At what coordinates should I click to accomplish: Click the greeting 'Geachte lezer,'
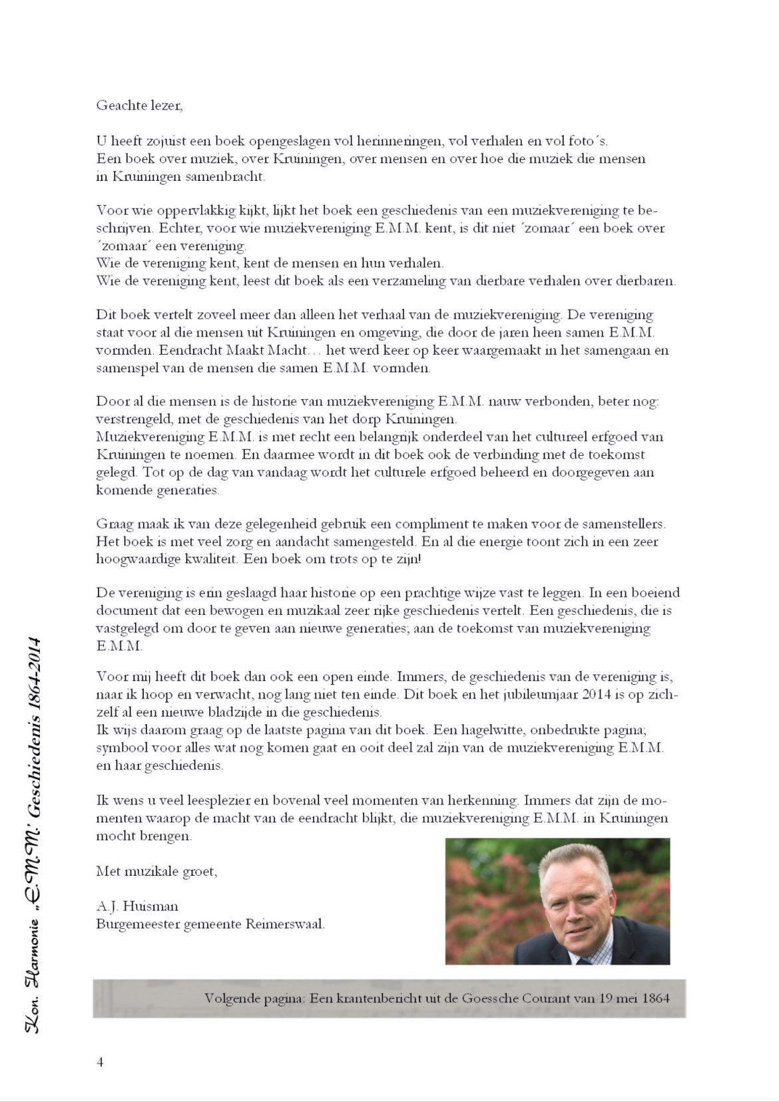pyautogui.click(x=138, y=105)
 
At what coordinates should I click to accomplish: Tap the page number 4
pyautogui.click(x=100, y=1061)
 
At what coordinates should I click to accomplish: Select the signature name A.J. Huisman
pyautogui.click(x=137, y=906)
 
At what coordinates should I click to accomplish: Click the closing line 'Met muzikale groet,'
pyautogui.click(x=156, y=871)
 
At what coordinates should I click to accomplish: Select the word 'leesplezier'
pyautogui.click(x=194, y=801)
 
